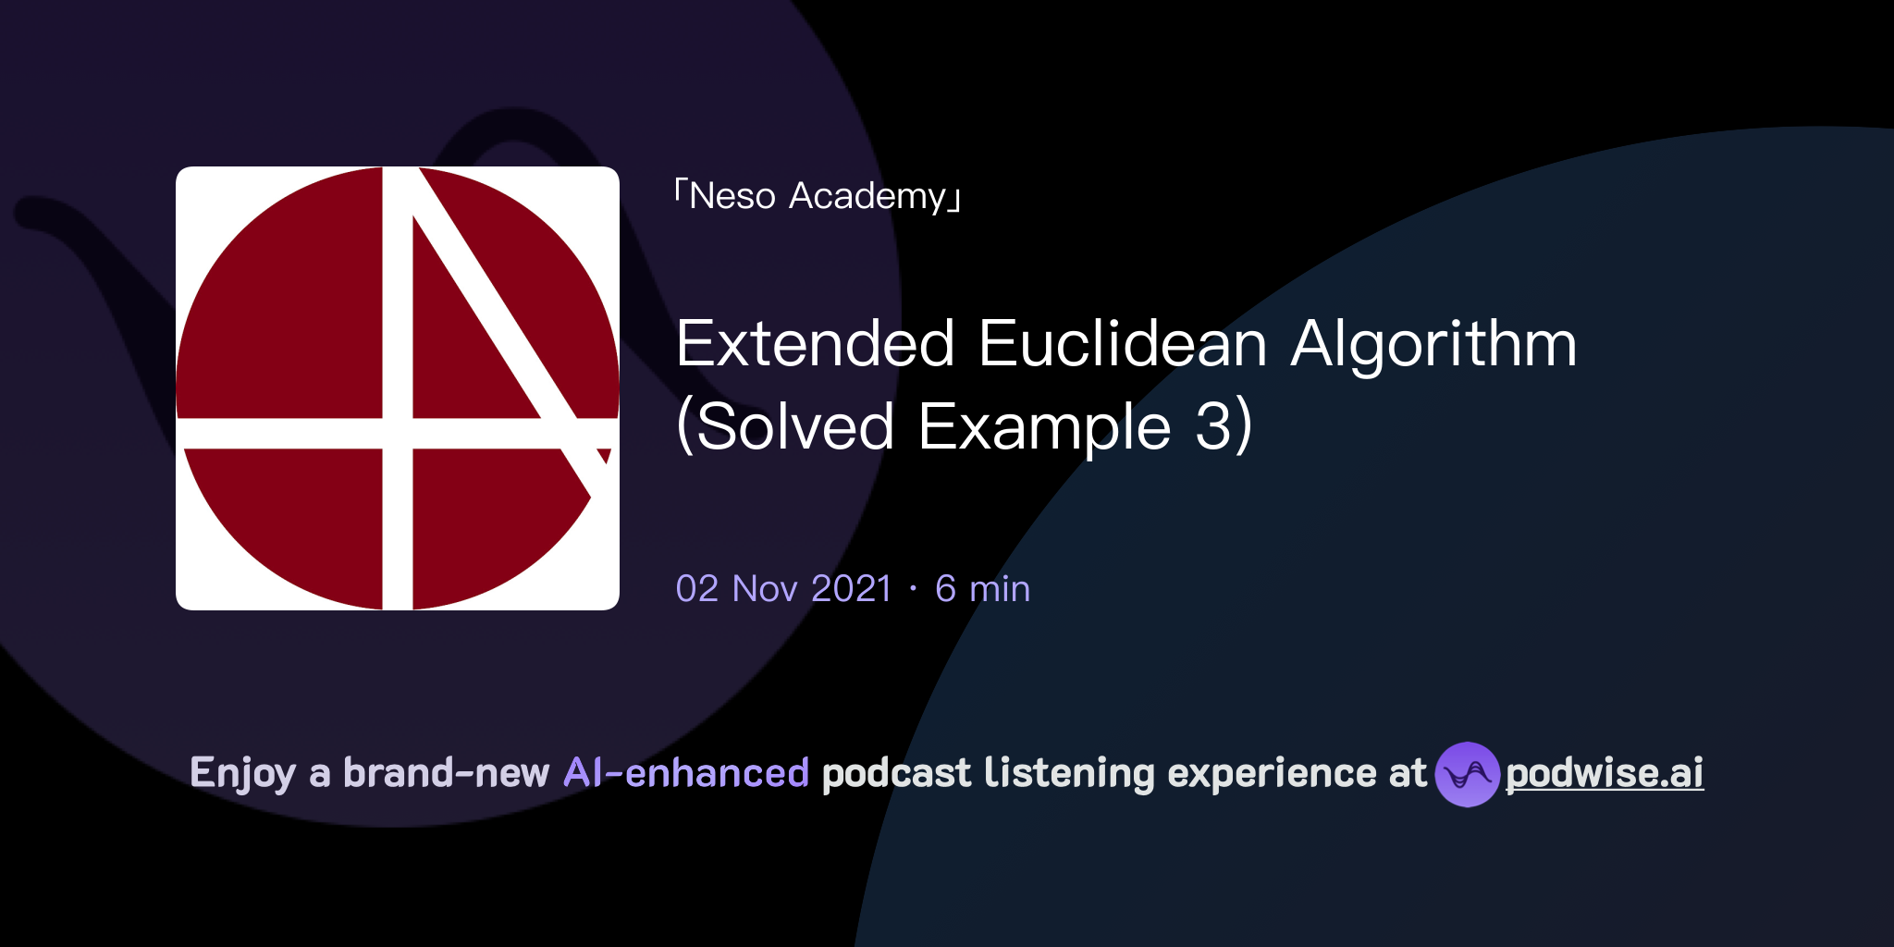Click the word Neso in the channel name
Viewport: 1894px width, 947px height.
[x=732, y=196]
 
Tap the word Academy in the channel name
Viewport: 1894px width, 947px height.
[x=867, y=196]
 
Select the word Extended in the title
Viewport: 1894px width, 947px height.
[x=815, y=344]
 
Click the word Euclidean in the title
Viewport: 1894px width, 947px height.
[x=1122, y=344]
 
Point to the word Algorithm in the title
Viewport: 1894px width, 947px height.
[x=1433, y=344]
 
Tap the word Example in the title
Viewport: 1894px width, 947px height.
[x=1044, y=427]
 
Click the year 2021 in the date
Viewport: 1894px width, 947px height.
[x=851, y=589]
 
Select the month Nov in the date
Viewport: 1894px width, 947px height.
[x=765, y=589]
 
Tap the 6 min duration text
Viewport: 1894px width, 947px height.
[x=982, y=589]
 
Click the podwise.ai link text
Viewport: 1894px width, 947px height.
[x=1604, y=773]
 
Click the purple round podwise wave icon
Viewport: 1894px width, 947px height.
[x=1467, y=774]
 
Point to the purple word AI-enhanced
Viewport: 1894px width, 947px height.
[x=686, y=773]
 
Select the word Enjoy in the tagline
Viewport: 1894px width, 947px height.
[x=242, y=773]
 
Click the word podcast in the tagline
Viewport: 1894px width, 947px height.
[x=896, y=773]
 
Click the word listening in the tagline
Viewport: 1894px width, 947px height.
[x=1069, y=773]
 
